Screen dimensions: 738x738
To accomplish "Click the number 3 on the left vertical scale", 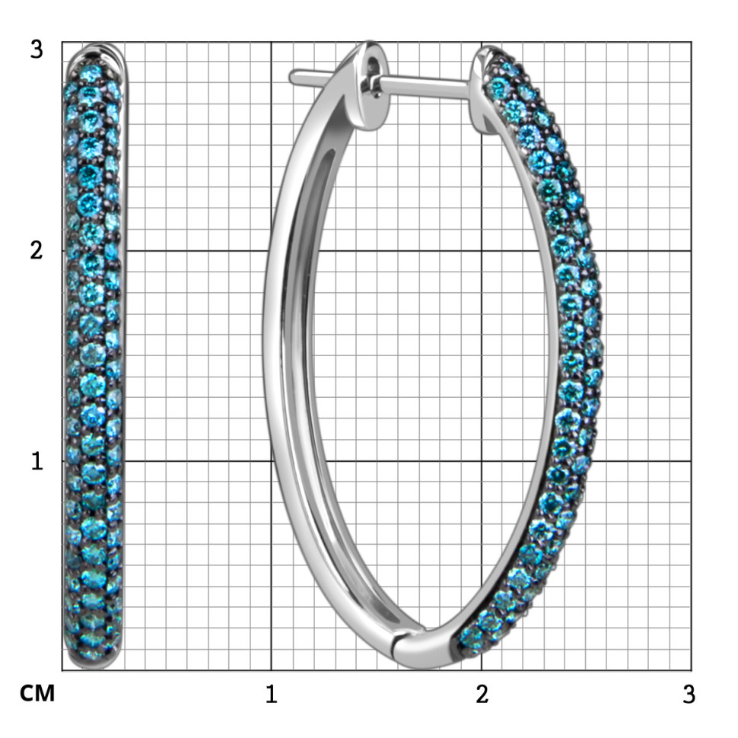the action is click(37, 49).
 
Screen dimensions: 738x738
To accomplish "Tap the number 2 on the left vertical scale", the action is click(37, 250).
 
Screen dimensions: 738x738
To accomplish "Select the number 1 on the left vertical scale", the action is click(37, 461).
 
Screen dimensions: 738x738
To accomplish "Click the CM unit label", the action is click(37, 693).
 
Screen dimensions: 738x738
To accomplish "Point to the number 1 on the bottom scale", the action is click(271, 694).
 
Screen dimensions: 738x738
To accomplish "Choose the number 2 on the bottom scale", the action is click(482, 694).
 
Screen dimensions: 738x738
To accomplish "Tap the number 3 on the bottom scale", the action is click(689, 694).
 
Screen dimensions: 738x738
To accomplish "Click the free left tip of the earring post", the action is click(291, 77).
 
